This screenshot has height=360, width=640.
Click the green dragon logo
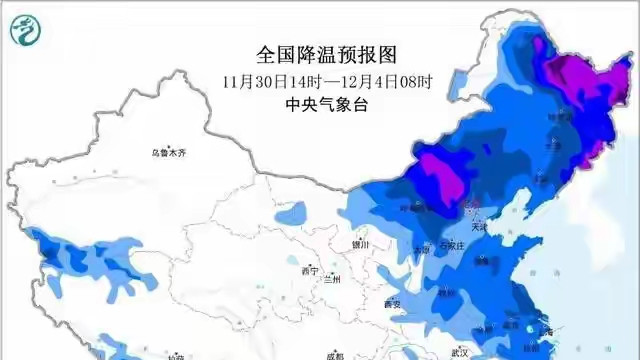tap(23, 33)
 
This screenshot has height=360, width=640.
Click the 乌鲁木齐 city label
tap(169, 152)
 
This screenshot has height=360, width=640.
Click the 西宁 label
tap(309, 270)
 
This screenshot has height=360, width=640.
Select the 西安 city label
tap(393, 303)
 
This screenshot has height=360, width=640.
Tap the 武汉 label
tap(459, 352)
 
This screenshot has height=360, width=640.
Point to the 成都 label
tap(334, 355)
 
